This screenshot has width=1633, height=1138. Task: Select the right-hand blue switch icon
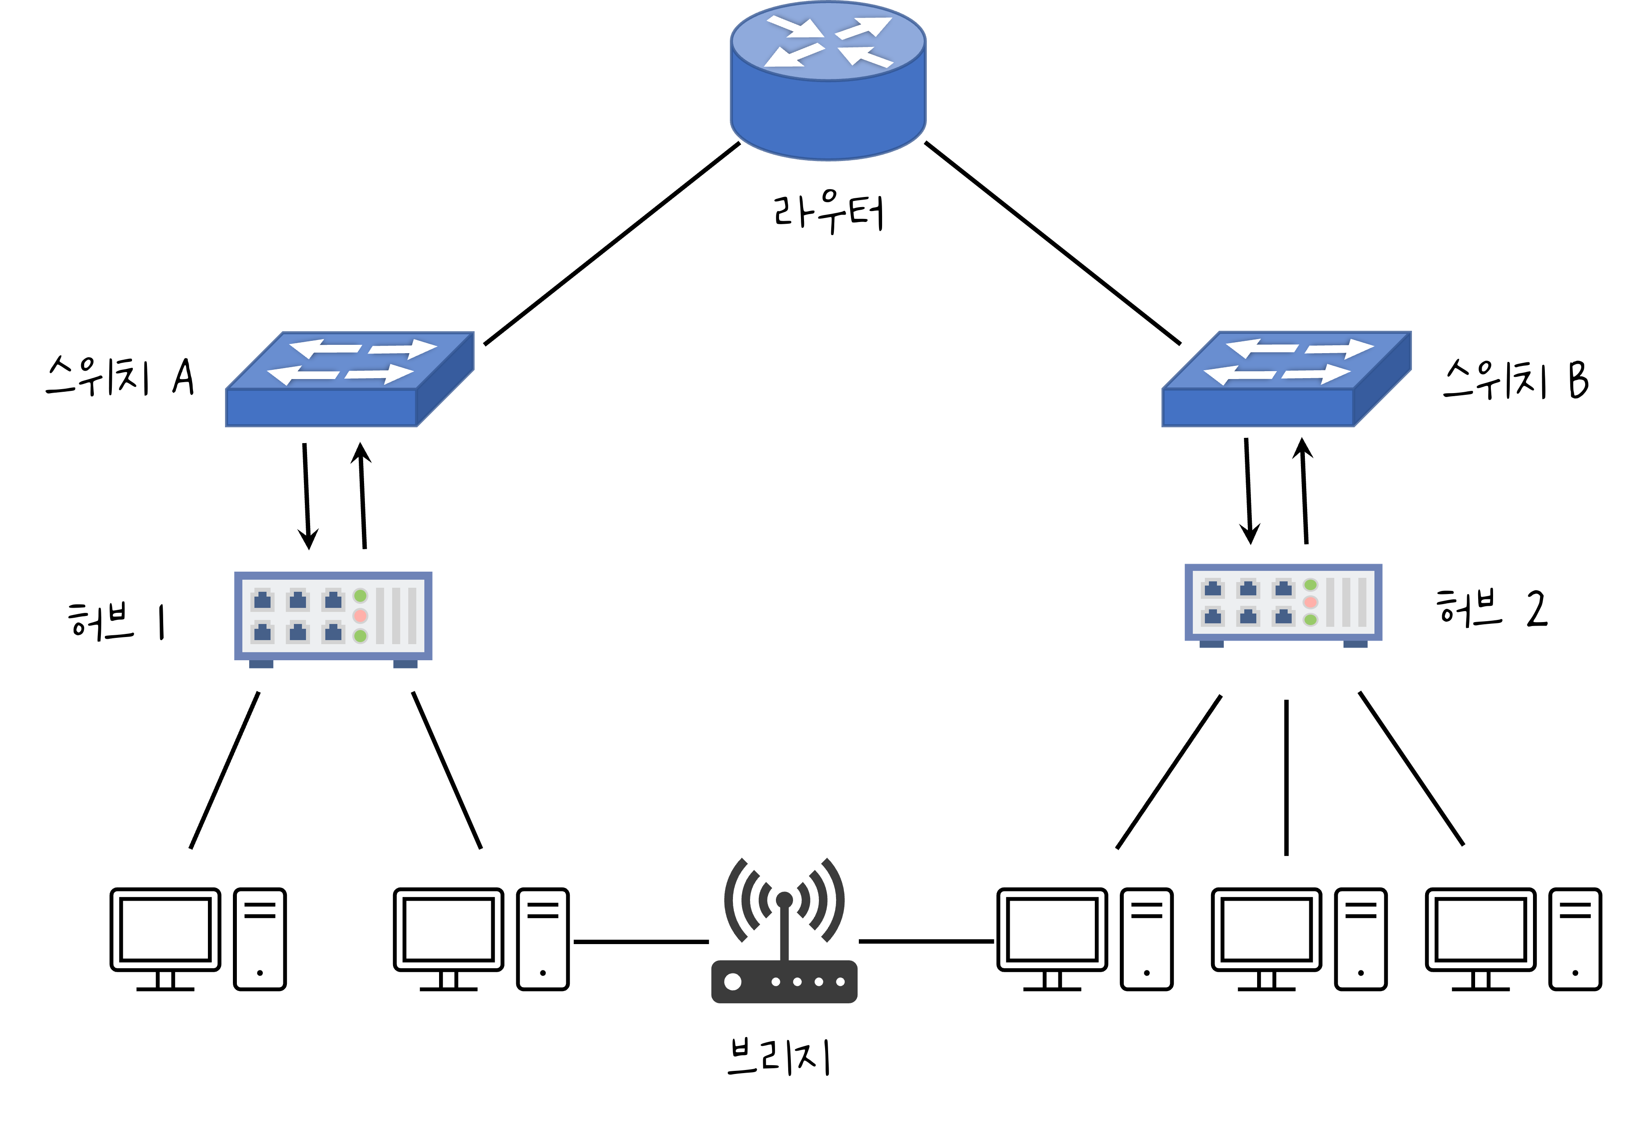[x=1286, y=379]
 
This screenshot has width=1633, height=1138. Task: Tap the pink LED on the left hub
[x=361, y=615]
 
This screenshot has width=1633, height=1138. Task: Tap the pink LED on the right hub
[x=1311, y=602]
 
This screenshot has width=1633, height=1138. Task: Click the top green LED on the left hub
[x=361, y=595]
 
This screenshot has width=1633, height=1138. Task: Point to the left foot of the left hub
[x=261, y=664]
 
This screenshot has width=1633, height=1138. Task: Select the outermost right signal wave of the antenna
[x=833, y=901]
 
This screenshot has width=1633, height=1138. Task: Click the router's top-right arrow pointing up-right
[x=864, y=29]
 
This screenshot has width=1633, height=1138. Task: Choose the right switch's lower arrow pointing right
[x=1316, y=373]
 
